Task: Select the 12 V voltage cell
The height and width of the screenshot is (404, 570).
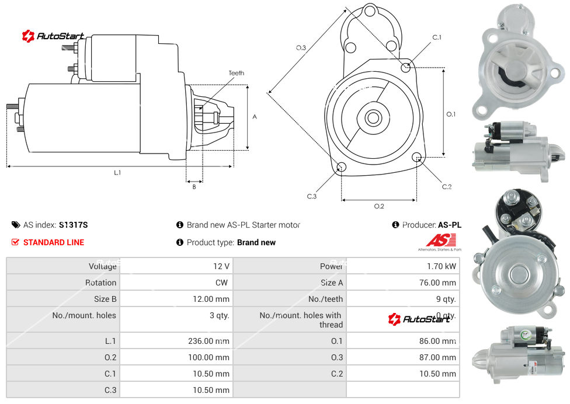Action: coord(221,266)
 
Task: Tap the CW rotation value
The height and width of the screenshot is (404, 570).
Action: coord(223,283)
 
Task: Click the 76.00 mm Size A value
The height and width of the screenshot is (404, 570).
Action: coord(437,283)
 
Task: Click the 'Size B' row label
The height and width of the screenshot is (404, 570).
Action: coord(105,299)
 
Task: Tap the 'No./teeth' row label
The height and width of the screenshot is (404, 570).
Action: coord(326,299)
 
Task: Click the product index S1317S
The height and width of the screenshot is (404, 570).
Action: coord(73,225)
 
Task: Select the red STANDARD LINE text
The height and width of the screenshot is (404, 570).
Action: coord(54,242)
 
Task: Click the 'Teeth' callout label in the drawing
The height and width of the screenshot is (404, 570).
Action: coord(236,73)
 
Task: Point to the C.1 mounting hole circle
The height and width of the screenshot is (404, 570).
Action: coord(406,68)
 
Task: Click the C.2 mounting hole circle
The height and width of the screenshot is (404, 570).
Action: coord(417,157)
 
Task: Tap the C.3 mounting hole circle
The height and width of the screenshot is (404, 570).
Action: coord(342,168)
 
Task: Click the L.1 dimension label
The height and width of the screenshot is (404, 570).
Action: coord(117,172)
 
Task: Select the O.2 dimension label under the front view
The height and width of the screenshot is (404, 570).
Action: coord(378,206)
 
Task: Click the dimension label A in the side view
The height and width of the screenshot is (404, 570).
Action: coord(254,117)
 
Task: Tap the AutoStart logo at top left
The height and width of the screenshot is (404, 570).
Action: coord(53,36)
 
